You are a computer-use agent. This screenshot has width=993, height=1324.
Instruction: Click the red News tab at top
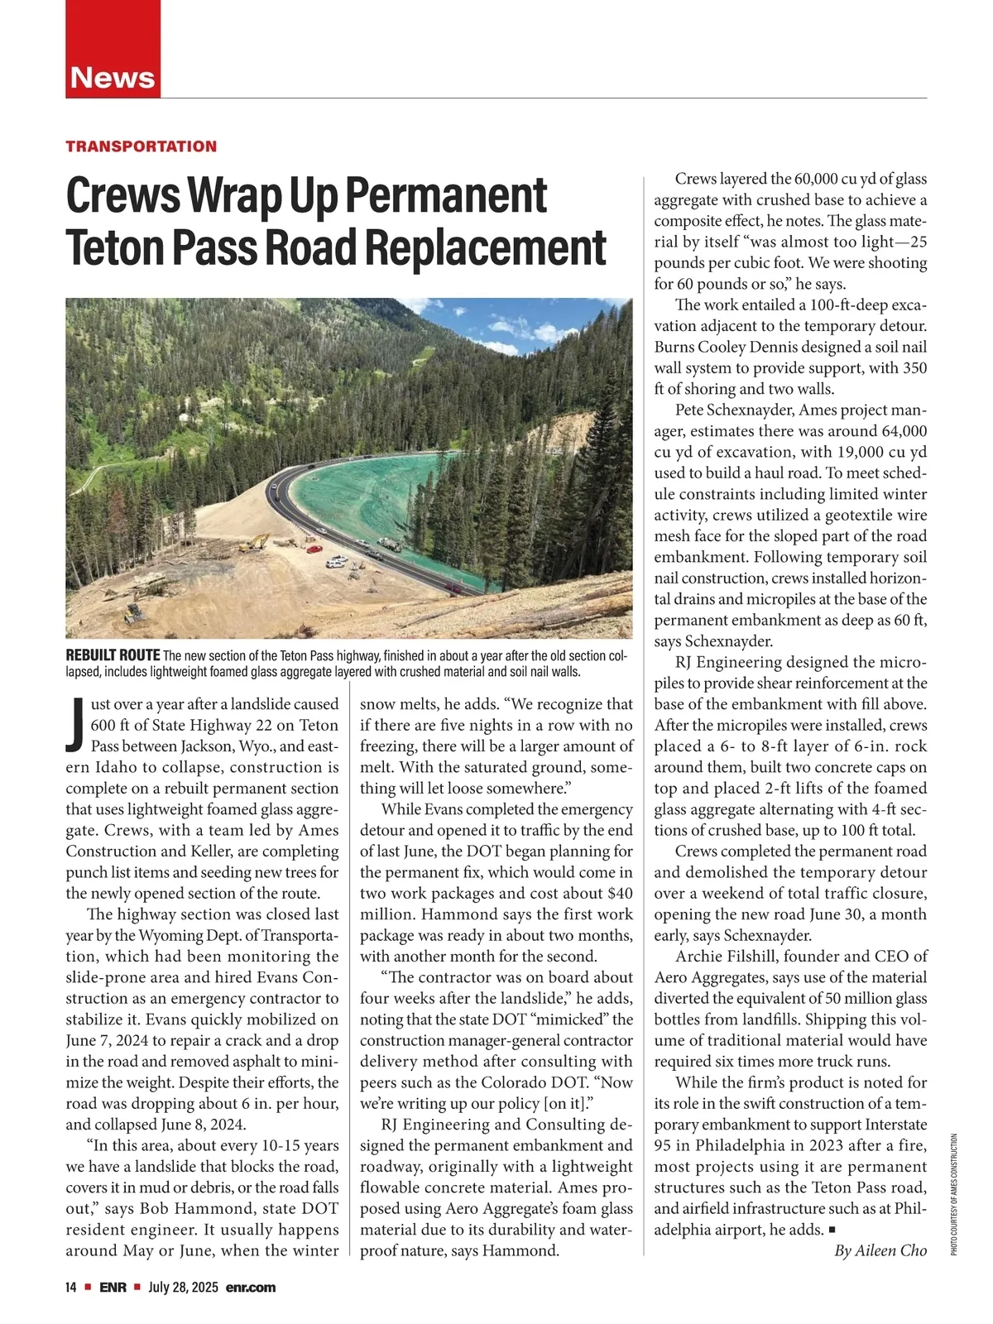tap(113, 77)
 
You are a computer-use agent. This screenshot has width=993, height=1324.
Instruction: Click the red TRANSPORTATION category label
tap(141, 146)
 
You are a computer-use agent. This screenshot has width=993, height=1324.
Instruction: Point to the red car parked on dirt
tap(314, 548)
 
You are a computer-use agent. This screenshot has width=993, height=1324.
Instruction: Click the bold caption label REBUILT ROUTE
tap(113, 656)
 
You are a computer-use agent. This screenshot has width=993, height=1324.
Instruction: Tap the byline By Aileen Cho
tap(880, 1250)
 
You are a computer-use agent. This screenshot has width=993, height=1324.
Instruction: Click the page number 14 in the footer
tap(71, 1288)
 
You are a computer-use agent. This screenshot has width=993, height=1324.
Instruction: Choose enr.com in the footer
tap(250, 1288)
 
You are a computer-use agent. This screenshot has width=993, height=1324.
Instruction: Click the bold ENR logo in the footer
tap(113, 1288)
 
